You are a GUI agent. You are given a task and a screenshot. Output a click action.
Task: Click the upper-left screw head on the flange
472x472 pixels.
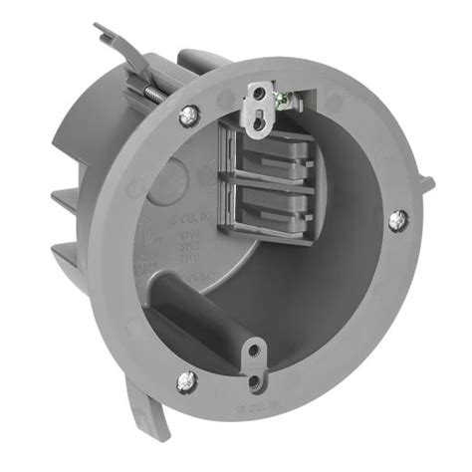click(x=186, y=116)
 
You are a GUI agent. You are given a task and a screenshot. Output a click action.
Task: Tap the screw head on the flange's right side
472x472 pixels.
click(x=396, y=219)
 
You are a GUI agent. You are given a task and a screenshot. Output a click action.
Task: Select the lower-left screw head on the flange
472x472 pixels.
click(x=184, y=378)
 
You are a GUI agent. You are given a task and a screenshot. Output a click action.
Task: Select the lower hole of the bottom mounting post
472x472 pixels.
click(x=256, y=377)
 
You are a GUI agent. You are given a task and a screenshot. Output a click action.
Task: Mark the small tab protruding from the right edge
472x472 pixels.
click(x=425, y=183)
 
